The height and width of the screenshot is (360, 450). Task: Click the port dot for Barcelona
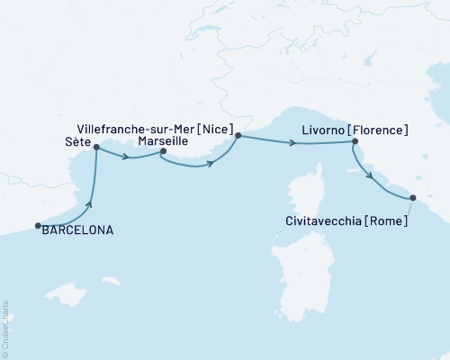tap(38, 226)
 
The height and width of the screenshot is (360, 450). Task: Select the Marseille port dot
tap(163, 151)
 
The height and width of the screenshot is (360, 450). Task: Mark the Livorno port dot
tap(355, 141)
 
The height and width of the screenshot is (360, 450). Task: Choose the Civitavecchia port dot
tap(413, 197)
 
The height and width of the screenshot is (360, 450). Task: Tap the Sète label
tap(78, 142)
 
